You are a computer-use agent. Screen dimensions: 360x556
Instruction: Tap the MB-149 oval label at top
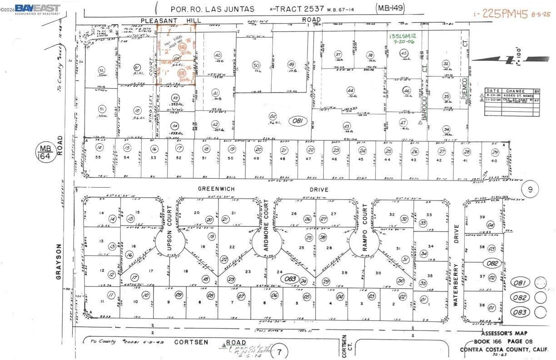click(x=390, y=8)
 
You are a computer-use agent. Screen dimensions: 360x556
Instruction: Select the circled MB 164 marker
click(x=45, y=153)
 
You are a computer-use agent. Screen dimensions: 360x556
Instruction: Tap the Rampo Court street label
click(x=364, y=221)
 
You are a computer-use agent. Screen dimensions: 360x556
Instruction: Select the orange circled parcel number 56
click(x=183, y=48)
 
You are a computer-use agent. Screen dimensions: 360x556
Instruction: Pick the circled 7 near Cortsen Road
click(x=280, y=351)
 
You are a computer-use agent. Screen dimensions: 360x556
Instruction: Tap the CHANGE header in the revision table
click(x=515, y=91)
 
